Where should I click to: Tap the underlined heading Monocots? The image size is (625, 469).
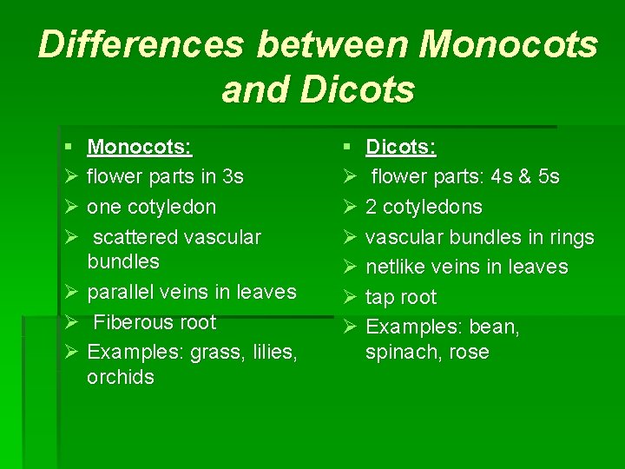pos(140,147)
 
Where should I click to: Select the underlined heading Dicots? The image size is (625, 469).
pos(400,147)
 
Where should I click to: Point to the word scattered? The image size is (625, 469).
pos(135,237)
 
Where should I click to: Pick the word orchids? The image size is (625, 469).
pos(121,377)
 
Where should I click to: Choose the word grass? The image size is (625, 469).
pos(215,352)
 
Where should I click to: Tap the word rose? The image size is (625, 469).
pos(469,353)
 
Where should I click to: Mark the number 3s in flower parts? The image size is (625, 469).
pos(233,177)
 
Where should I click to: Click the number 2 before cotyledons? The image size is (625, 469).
pos(372,208)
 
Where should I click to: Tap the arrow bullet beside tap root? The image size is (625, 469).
pos(350,298)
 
